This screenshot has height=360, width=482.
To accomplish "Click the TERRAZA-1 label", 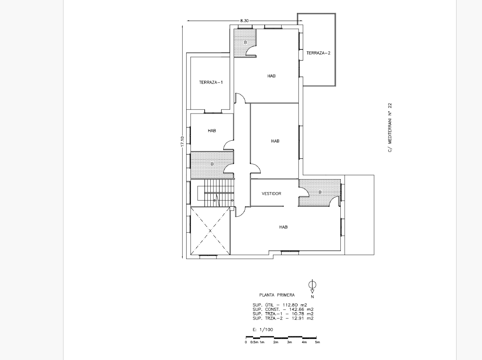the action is click(211, 82).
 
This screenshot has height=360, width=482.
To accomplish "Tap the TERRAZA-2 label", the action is click(318, 53).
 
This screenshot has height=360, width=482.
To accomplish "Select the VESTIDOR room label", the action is click(271, 193).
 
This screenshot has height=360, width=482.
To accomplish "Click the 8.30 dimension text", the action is click(244, 21).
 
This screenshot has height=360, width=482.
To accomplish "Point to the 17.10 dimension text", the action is click(182, 142).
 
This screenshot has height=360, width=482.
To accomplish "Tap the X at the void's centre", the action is click(210, 231).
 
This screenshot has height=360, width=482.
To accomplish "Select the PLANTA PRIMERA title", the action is click(277, 295).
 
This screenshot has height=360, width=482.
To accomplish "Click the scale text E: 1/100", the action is click(263, 330).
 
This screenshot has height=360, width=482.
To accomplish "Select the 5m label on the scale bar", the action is click(317, 342).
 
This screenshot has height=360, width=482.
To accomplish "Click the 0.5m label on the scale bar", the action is click(254, 342).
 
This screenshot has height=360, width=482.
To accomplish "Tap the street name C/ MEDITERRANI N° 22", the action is click(390, 128).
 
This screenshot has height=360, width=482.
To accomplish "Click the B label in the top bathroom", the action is click(245, 43).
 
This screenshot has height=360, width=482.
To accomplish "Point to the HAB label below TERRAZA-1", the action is click(212, 130).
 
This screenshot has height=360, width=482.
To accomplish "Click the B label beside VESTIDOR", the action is click(320, 192).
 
